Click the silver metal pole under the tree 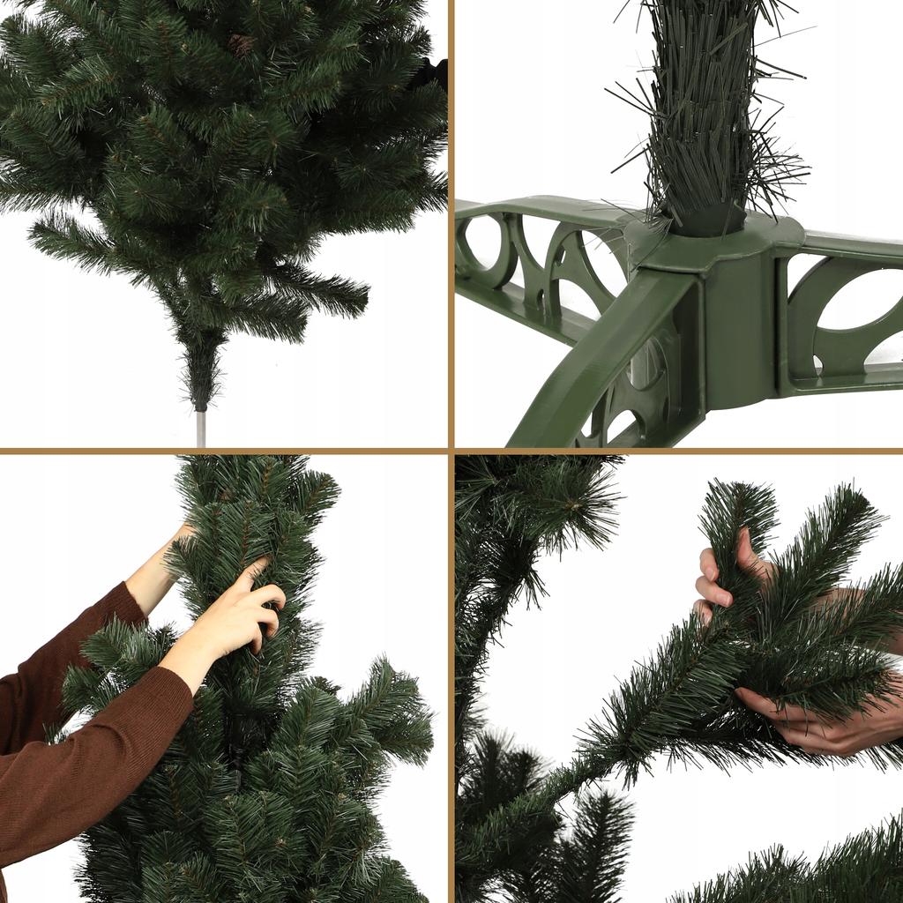pyautogui.click(x=201, y=429)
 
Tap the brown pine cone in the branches pyautogui.click(x=240, y=44)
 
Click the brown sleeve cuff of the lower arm pyautogui.click(x=172, y=697)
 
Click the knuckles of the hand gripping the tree pyautogui.click(x=265, y=617)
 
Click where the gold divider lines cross pyautogui.click(x=451, y=451)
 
